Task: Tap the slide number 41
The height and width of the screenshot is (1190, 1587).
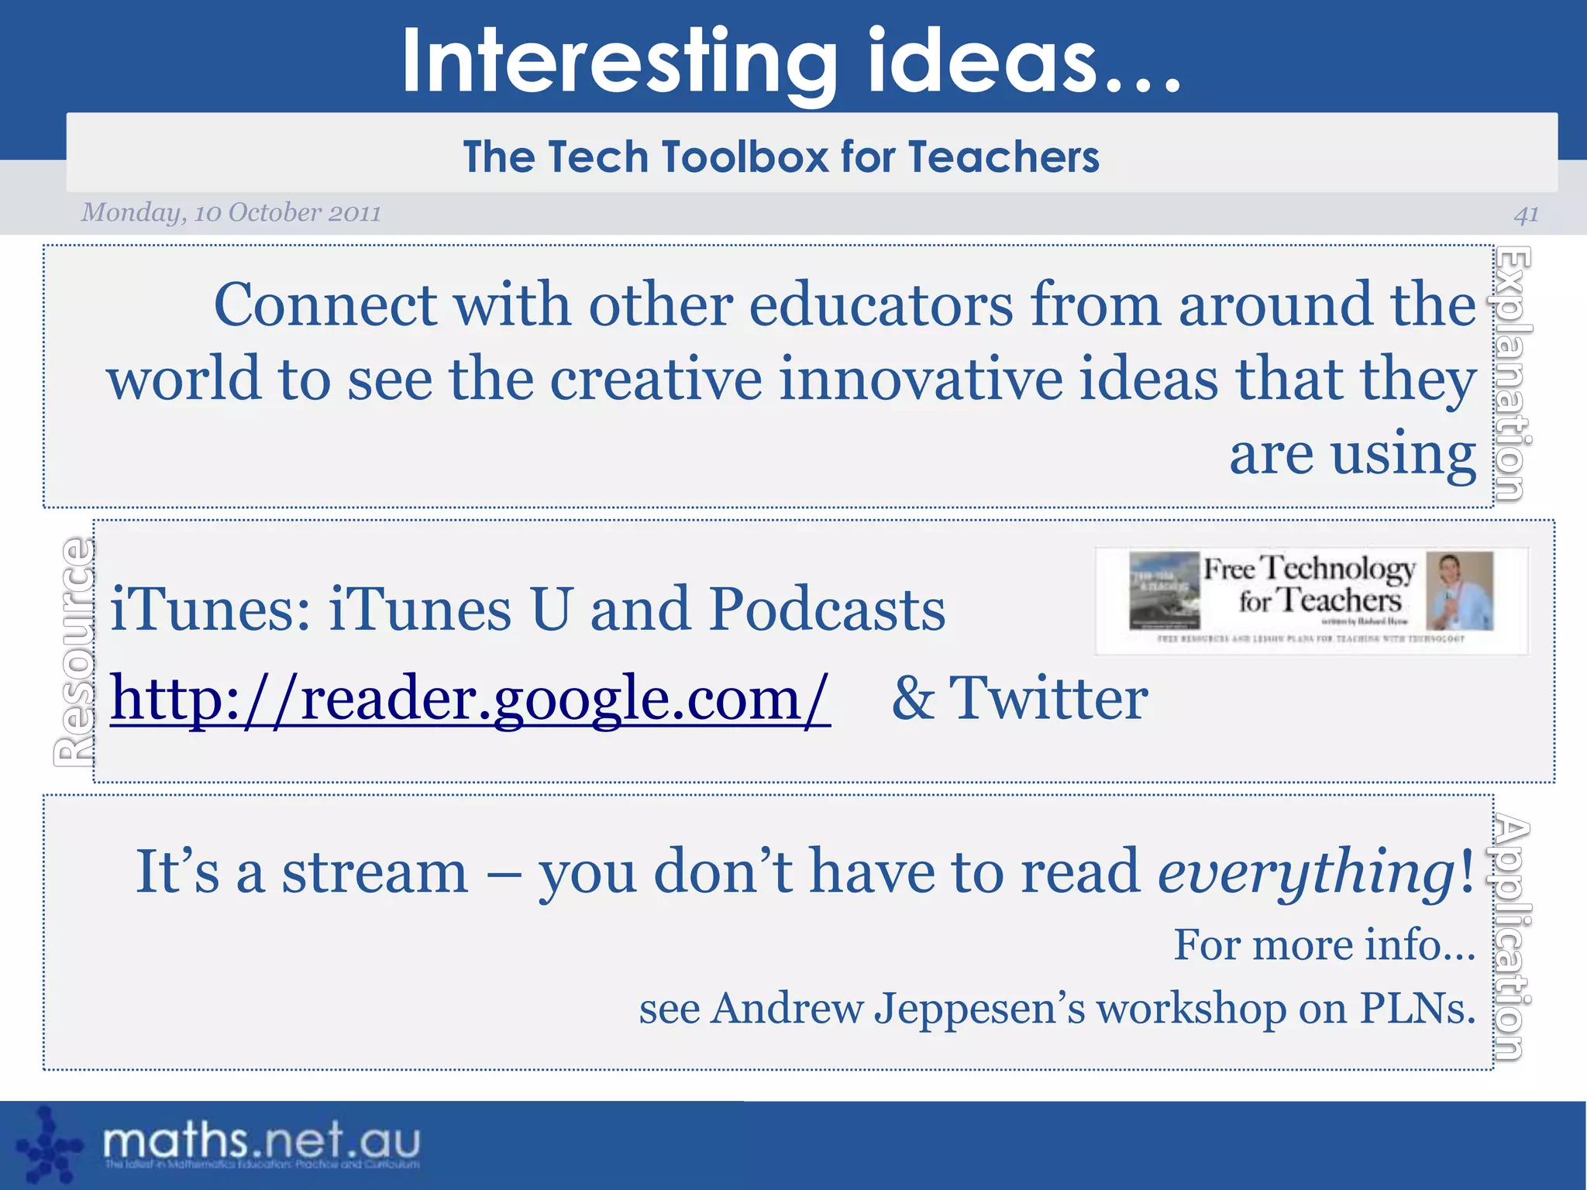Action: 1526,214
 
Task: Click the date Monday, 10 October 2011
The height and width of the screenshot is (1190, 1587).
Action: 231,212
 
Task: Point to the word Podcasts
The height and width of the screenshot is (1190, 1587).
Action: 827,610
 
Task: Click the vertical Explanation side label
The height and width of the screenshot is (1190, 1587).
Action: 1512,373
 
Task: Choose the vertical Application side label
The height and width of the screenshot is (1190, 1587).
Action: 1512,937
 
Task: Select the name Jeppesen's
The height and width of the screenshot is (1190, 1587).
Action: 979,1009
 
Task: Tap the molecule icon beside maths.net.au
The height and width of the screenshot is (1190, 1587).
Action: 49,1145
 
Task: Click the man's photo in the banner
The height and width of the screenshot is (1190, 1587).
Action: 1459,590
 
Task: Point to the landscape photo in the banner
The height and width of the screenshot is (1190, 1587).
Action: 1164,590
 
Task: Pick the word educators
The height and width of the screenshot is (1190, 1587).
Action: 880,305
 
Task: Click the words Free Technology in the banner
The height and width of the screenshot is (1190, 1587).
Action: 1309,569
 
